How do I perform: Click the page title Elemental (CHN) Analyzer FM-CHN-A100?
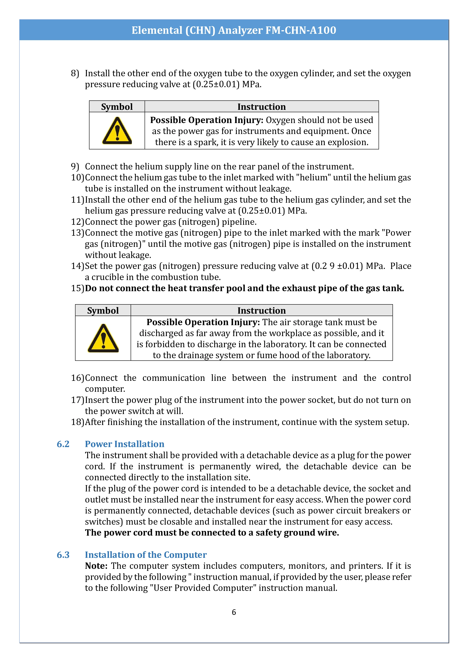pyautogui.click(x=234, y=30)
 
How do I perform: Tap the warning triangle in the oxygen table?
pyautogui.click(x=117, y=131)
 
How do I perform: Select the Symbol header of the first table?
pyautogui.click(x=117, y=107)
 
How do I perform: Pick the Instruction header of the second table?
pyautogui.click(x=261, y=311)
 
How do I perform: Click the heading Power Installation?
pyautogui.click(x=124, y=444)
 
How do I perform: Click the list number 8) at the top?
pyautogui.click(x=75, y=73)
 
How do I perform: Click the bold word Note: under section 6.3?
pyautogui.click(x=96, y=566)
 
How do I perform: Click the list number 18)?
pyautogui.click(x=77, y=422)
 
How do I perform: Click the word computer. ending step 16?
pyautogui.click(x=105, y=389)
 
